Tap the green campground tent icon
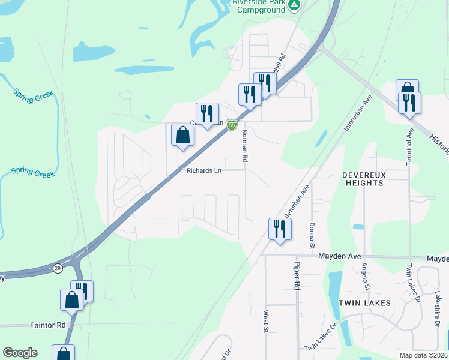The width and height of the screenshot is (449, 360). point(294,5)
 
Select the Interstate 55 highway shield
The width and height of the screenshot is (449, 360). point(231,124)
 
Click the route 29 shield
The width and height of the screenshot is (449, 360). point(58,268)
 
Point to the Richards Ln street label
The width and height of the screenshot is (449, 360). point(203,171)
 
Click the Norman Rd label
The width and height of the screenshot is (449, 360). point(244,146)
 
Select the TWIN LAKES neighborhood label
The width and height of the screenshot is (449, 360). point(364,303)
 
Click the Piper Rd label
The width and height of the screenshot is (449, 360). point(297,275)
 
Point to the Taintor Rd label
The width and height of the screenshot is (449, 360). point(47,325)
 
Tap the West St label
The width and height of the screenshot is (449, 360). point(265,321)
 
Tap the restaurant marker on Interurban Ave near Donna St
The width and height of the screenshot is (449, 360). point(280,229)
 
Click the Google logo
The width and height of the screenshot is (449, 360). point(20,353)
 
